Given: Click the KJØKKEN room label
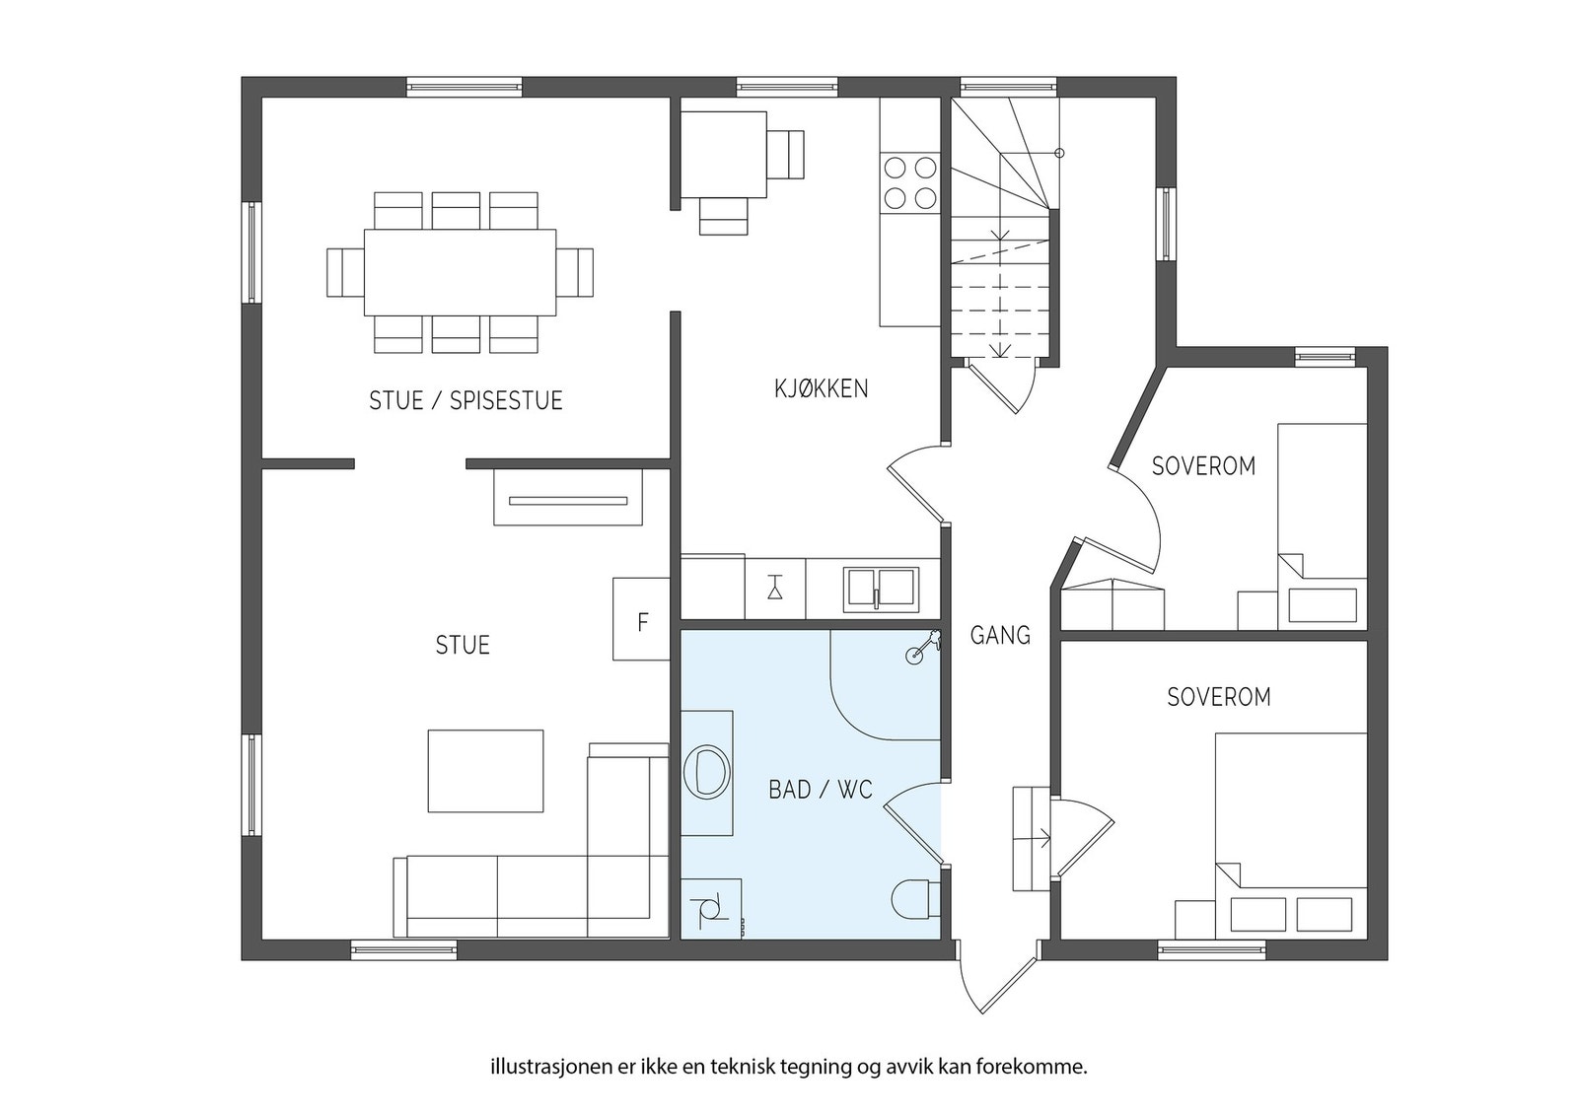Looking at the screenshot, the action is coord(822,388).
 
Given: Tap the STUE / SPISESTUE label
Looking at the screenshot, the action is coord(466,400).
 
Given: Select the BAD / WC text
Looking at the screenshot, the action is coord(821,790).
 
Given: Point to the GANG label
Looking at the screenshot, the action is coord(1000,635).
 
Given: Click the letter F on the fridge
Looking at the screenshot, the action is coord(642,622).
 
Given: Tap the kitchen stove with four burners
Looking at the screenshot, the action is coord(910,183).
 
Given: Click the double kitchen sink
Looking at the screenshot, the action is coord(883,589).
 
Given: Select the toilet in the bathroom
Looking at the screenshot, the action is coord(916,899).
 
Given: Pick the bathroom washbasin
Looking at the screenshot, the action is coord(706,773).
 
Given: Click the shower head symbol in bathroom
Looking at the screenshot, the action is coord(922,647).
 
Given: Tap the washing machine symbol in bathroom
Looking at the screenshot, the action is coord(710,908).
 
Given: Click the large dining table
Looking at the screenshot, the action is coord(460,272).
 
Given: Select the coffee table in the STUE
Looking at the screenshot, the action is coord(485,771).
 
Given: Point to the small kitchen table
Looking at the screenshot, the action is coord(724,155).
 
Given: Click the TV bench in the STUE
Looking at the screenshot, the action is coord(568,497).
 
